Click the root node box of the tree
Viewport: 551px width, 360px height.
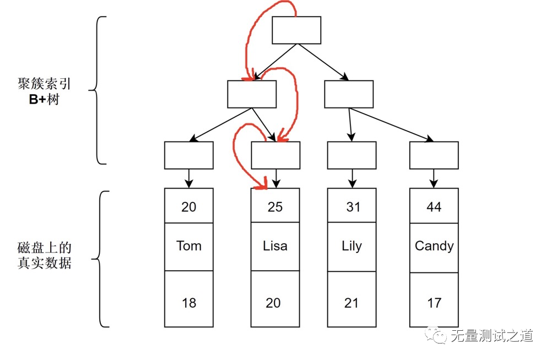296,30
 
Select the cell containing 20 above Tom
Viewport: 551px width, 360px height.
189,206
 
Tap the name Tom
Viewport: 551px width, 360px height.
189,246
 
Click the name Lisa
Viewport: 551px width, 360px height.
275,246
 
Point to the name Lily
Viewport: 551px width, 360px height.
352,246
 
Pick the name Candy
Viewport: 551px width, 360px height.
434,246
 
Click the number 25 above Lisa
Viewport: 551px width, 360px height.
275,207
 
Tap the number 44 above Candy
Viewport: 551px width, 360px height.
434,207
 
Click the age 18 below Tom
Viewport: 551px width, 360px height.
189,303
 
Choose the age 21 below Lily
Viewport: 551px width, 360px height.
352,303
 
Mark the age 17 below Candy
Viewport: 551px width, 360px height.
434,303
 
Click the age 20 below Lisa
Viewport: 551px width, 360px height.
273,303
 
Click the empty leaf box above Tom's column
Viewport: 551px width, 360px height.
189,155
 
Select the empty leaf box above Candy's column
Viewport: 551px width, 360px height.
434,155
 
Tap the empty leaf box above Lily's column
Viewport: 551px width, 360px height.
352,155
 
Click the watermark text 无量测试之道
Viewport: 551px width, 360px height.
491,335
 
